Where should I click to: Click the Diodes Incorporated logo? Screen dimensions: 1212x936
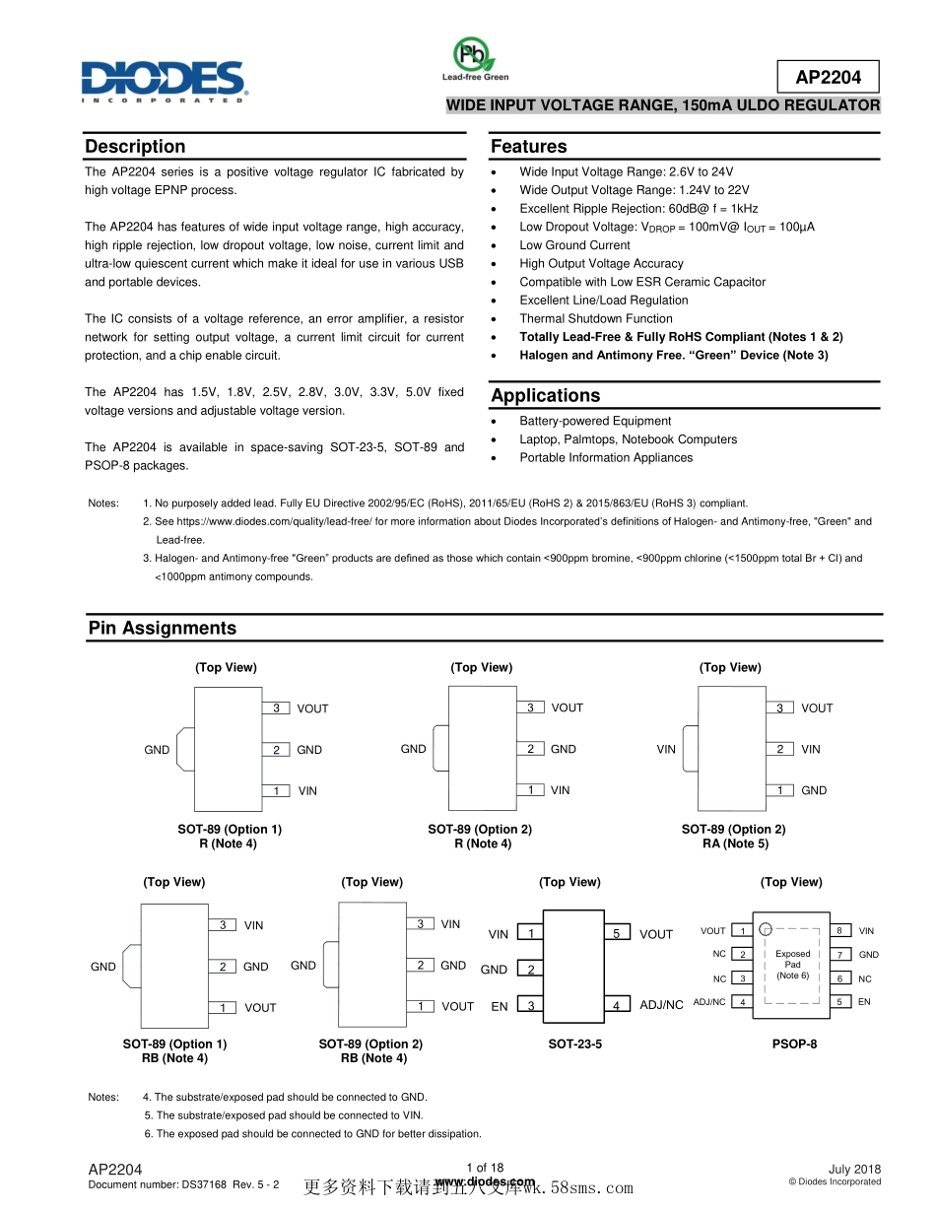163,81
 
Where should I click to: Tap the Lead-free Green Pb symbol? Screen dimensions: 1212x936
475,55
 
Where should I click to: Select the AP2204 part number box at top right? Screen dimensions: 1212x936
828,77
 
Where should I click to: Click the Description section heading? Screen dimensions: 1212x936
135,147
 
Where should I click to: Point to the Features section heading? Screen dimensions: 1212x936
528,147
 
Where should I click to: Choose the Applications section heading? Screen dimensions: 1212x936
545,396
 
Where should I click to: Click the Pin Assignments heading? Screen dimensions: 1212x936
163,629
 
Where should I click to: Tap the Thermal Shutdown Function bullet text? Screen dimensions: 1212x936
596,318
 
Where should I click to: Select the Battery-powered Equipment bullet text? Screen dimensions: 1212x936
595,421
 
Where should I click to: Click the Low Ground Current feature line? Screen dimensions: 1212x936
574,245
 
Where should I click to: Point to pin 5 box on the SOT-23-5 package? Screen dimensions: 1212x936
617,933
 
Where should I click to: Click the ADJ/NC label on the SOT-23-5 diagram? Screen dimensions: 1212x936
661,1005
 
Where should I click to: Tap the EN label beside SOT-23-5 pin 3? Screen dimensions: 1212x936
500,1006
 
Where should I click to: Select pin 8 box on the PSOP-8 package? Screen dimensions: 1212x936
838,930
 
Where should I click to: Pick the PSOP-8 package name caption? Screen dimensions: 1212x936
794,1044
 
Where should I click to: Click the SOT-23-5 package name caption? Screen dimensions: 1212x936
574,1044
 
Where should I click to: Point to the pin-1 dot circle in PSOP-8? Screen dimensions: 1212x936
766,928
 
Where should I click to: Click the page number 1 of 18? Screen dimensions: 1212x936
485,1168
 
